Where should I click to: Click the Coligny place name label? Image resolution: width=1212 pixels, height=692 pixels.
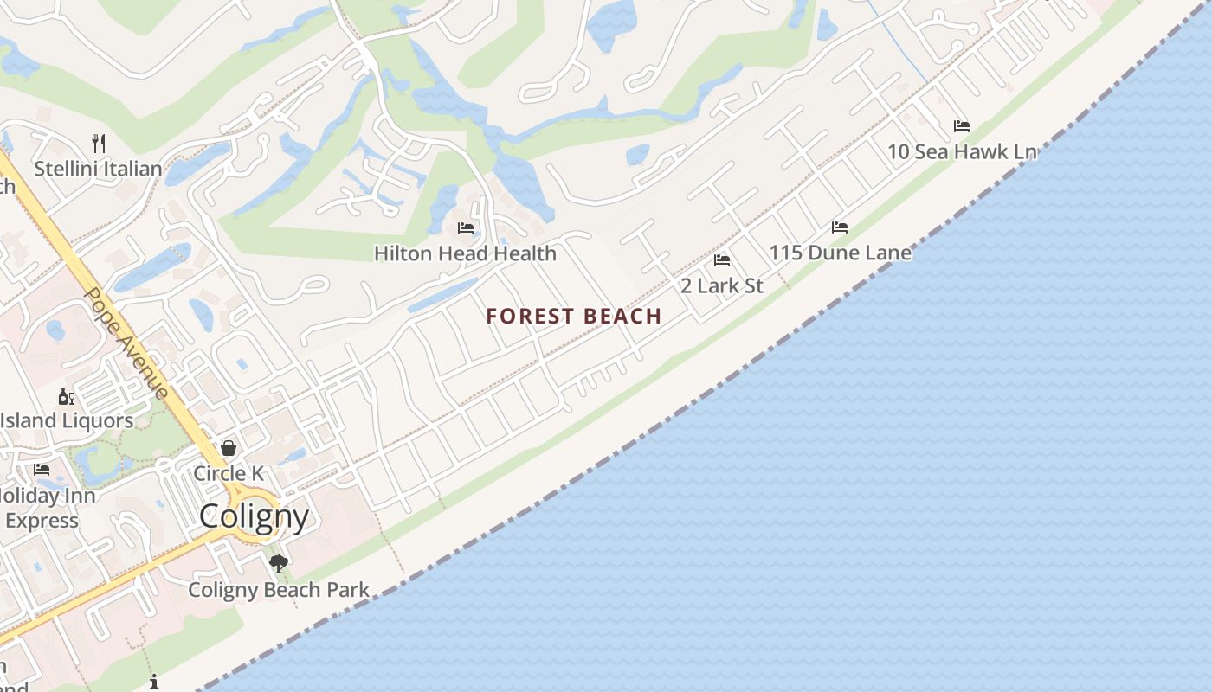(x=254, y=516)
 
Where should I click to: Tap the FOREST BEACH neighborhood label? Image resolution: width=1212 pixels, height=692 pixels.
(x=574, y=317)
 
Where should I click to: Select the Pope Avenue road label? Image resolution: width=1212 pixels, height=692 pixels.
(x=126, y=343)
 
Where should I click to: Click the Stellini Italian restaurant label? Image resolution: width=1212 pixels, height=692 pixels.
(x=98, y=169)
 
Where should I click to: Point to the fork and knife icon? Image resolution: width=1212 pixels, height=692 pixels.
(x=99, y=143)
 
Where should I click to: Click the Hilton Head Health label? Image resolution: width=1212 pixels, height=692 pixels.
(x=465, y=253)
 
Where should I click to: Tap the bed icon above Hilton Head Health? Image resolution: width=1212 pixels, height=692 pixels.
(x=466, y=228)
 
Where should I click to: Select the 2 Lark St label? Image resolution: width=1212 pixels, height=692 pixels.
(x=722, y=285)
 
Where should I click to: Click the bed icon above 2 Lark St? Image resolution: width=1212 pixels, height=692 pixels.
(x=722, y=260)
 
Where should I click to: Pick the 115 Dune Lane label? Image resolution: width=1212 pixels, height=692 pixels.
(x=841, y=253)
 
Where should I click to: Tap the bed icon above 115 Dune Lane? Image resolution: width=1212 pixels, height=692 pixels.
(x=840, y=227)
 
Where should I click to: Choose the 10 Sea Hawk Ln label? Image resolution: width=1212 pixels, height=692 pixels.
(x=962, y=151)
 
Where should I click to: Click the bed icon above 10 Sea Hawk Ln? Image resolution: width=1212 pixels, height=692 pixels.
(x=961, y=126)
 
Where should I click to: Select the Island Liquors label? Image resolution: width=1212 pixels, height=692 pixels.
(x=67, y=421)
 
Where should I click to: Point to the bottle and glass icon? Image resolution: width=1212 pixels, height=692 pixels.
(x=66, y=397)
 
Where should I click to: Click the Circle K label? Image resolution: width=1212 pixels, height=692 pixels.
(x=229, y=473)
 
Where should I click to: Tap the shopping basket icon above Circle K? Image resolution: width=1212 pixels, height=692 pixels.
(x=229, y=448)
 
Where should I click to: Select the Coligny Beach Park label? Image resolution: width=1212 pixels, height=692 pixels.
(x=279, y=590)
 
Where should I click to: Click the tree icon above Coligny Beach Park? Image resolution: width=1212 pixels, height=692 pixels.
(x=279, y=565)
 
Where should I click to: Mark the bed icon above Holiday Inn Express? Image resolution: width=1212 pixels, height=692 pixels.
(x=42, y=470)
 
